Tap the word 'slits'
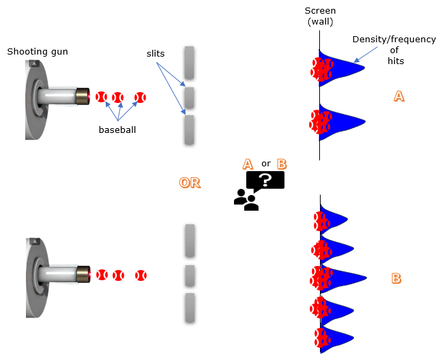click(x=156, y=52)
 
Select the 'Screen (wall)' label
click(x=320, y=16)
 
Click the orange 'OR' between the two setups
click(x=190, y=183)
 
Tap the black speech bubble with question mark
click(x=265, y=180)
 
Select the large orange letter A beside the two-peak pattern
click(x=399, y=97)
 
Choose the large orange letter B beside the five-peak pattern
click(x=396, y=278)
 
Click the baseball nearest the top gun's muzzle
click(x=102, y=97)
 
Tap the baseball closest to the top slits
click(x=141, y=97)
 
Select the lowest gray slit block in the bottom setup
click(x=190, y=307)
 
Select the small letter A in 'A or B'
click(x=248, y=164)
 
